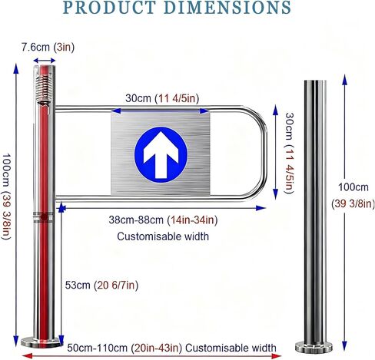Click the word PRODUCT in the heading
pyautogui.click(x=109, y=8)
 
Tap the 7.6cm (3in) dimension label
pyautogui.click(x=48, y=48)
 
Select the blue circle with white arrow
pyautogui.click(x=161, y=155)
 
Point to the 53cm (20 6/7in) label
pyautogui.click(x=101, y=285)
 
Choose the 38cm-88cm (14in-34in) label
pyautogui.click(x=163, y=220)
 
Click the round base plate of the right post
pyautogui.click(x=314, y=346)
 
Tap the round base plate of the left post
pyautogui.click(x=41, y=342)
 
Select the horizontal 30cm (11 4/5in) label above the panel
pyautogui.click(x=162, y=98)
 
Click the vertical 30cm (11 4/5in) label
pyautogui.click(x=290, y=154)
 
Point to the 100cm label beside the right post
pyautogui.click(x=353, y=187)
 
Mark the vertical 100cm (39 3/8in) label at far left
pyautogui.click(x=6, y=197)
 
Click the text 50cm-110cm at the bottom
pyautogui.click(x=97, y=348)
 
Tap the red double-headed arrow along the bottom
pyautogui.click(x=151, y=355)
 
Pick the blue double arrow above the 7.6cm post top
pyautogui.click(x=45, y=61)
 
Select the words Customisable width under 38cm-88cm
pyautogui.click(x=163, y=236)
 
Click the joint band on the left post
pyautogui.click(x=44, y=217)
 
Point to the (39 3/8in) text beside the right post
pyautogui.click(x=353, y=204)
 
